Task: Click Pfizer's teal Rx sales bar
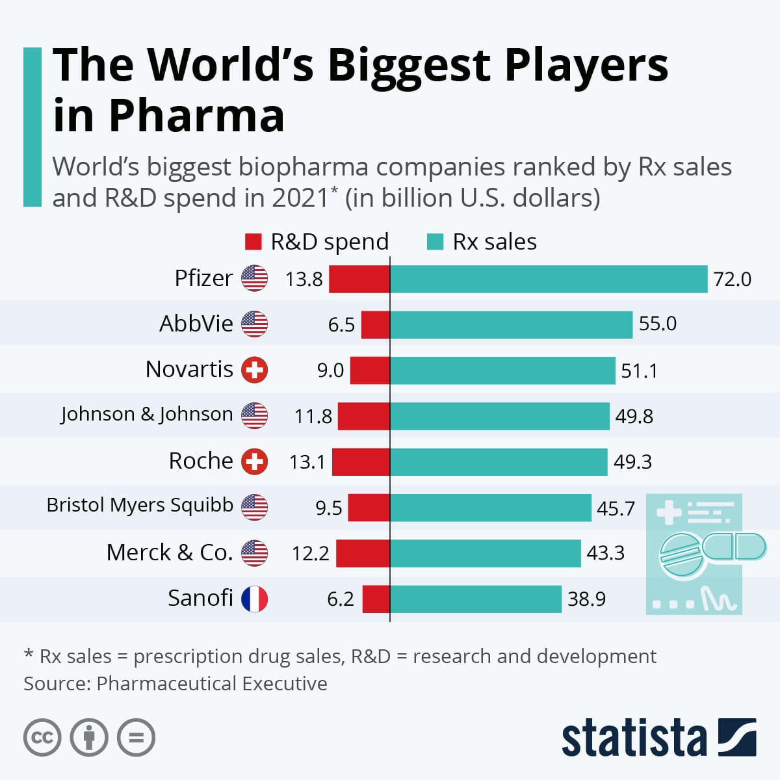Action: (548, 279)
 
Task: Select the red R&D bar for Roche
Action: (361, 462)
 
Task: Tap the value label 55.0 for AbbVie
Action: (657, 324)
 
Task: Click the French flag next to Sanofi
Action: (254, 599)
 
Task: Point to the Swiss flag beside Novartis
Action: (254, 370)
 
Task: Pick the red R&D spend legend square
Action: (253, 242)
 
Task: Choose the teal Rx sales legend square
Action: (435, 242)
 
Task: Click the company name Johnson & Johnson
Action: (147, 414)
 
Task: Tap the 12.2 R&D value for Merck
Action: (310, 553)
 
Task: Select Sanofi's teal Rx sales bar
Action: (475, 599)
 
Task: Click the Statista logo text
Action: (634, 738)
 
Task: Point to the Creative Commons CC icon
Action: (42, 738)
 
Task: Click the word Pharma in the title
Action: (196, 116)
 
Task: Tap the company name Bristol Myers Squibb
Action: (140, 505)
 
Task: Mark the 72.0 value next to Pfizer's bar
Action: (732, 279)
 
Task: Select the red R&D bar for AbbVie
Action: (375, 324)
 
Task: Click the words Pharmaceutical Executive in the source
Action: (212, 684)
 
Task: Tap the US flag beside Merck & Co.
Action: (254, 553)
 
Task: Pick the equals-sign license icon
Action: (136, 738)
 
